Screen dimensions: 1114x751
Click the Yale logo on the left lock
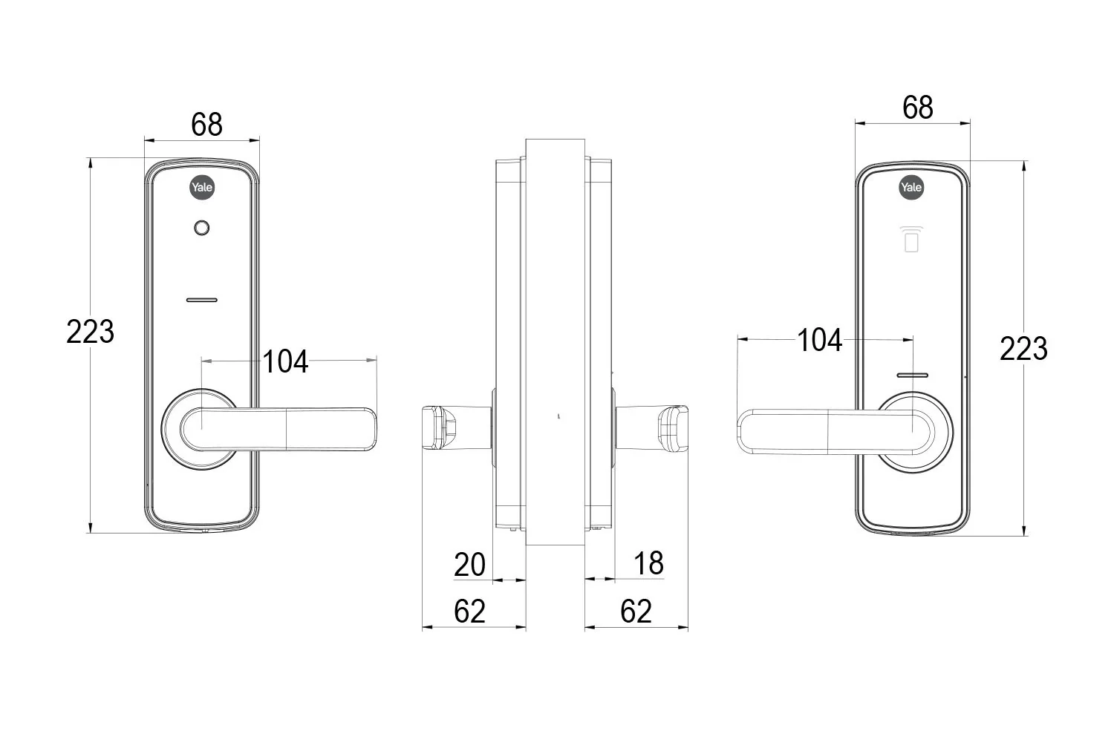[x=202, y=187]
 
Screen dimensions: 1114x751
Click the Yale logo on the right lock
[x=911, y=187]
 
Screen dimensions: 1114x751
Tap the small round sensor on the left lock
[x=201, y=228]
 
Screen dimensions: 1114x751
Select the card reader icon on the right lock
[x=911, y=239]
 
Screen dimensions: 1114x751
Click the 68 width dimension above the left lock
[x=207, y=125]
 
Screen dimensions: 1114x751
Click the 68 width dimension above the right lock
[x=917, y=108]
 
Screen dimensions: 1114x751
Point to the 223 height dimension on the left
[x=90, y=332]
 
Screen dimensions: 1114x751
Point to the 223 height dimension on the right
[x=1023, y=348]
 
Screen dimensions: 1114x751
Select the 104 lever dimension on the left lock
[x=285, y=361]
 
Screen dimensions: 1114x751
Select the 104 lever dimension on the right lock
[x=820, y=341]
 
